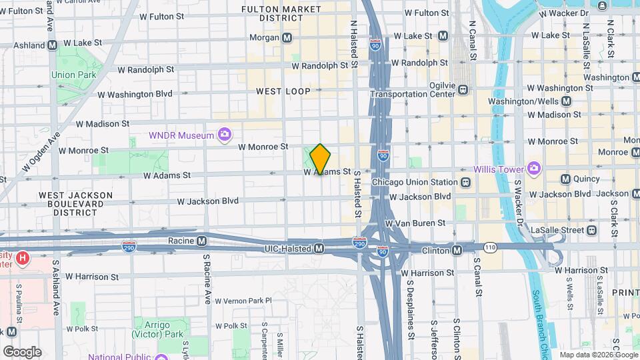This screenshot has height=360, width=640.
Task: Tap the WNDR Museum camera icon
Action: [x=225, y=135]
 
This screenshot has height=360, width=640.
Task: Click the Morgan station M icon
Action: [x=287, y=38]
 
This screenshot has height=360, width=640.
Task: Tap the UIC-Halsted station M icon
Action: [x=319, y=249]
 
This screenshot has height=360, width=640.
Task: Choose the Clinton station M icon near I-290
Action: [x=457, y=251]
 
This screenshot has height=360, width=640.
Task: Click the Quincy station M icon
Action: [x=565, y=179]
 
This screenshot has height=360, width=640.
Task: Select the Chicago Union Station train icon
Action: [x=465, y=183]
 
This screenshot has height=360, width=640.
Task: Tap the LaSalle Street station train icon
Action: [x=591, y=230]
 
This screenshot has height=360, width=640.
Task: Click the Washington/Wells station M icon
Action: [x=566, y=101]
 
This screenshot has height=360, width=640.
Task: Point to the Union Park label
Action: [x=73, y=75]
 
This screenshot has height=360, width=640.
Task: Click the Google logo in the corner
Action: [x=21, y=351]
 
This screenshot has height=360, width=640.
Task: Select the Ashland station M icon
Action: [x=52, y=45]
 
